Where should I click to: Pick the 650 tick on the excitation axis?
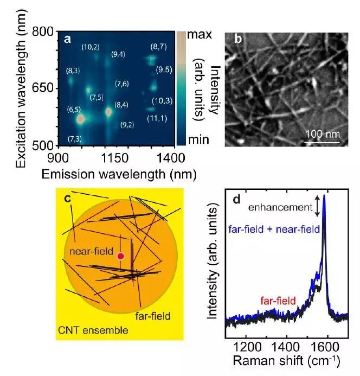(x=43, y=88)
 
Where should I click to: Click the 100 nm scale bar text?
(x=321, y=133)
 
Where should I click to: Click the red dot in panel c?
(x=120, y=256)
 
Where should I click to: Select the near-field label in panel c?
(x=92, y=251)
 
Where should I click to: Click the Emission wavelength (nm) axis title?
(x=113, y=174)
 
